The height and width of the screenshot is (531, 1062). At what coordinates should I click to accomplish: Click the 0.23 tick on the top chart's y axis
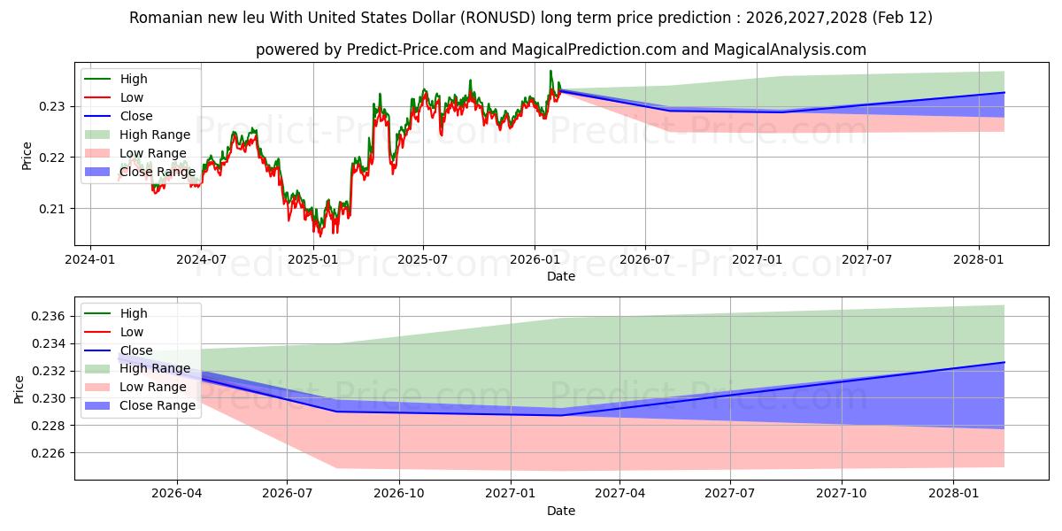[55, 106]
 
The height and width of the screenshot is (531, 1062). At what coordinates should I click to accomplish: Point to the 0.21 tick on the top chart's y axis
[55, 209]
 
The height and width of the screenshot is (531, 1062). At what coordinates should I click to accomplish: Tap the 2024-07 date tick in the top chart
[201, 258]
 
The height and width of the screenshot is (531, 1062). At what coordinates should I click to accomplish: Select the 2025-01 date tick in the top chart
[312, 258]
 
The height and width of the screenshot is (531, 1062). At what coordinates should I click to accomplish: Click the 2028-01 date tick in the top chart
[979, 258]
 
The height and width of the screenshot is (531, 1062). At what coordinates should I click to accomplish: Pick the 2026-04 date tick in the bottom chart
[177, 493]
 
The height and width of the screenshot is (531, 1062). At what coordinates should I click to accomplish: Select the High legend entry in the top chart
[133, 79]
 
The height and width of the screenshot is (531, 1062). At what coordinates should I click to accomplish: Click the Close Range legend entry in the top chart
[156, 172]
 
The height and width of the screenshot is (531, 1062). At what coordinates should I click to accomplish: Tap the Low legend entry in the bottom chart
[131, 332]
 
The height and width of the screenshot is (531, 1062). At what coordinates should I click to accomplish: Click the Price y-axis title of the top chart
[27, 155]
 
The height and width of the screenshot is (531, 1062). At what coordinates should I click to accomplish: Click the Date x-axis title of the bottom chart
[561, 511]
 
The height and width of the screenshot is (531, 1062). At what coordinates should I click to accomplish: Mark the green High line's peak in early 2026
[550, 71]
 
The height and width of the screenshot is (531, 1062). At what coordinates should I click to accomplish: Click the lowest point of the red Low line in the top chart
[320, 236]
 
